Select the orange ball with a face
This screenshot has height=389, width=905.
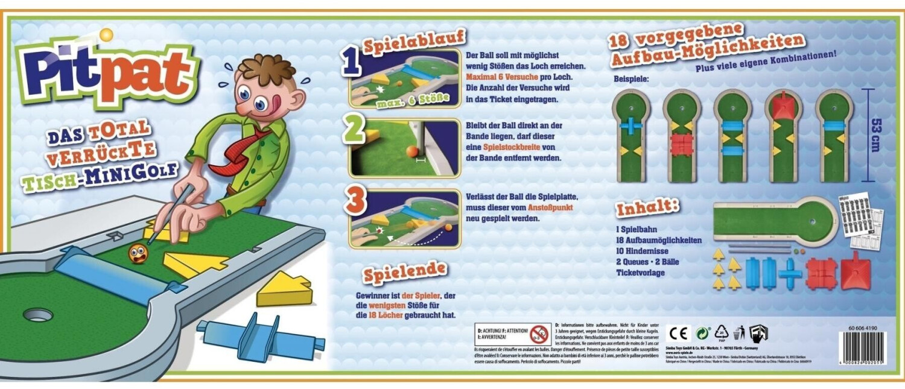tap(138, 253)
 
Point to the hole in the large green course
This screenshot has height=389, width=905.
tap(37, 314)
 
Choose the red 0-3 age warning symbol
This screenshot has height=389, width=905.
tap(539, 334)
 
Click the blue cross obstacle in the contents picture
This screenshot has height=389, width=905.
tap(790, 273)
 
